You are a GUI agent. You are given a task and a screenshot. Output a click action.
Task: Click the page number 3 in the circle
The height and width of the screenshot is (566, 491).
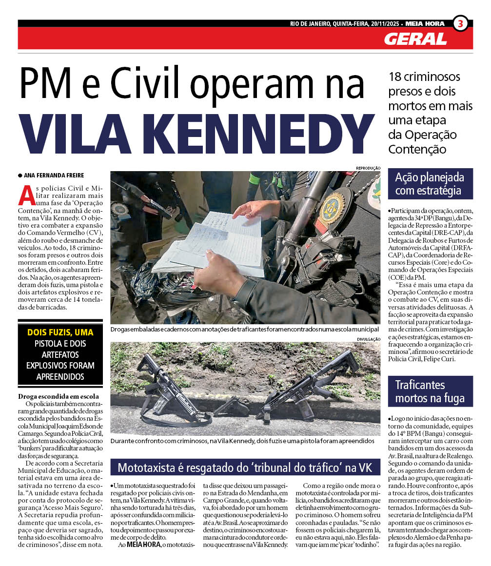[x=461, y=23]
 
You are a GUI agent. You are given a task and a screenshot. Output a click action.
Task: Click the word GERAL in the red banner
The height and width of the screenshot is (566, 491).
[x=415, y=39]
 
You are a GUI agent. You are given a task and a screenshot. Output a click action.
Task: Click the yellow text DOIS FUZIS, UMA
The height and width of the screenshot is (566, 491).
[x=60, y=332]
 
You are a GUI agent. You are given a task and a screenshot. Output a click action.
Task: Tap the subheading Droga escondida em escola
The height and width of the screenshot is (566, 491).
[x=59, y=396]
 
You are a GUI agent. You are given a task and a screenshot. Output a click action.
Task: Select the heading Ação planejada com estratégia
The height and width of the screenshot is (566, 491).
[x=430, y=184]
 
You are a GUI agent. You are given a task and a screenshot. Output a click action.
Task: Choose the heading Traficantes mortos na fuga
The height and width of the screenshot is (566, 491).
[x=430, y=392]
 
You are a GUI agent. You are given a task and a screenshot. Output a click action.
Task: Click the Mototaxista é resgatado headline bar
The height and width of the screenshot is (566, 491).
[x=245, y=468]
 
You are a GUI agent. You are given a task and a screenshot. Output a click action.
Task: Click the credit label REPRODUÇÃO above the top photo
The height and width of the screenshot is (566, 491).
[x=368, y=168]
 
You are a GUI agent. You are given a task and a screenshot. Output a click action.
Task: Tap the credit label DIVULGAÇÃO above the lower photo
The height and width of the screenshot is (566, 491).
[x=368, y=339]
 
